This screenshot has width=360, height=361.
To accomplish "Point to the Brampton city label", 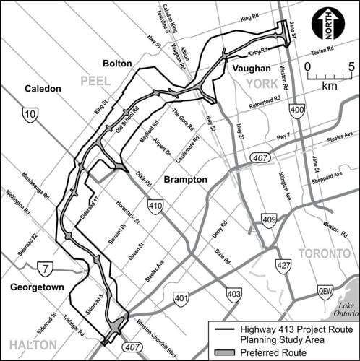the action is click(x=185, y=178).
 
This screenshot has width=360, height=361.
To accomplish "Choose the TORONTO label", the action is click(x=323, y=253).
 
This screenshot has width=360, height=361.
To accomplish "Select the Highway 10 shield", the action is click(x=30, y=114).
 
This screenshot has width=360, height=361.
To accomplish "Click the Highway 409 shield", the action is click(x=269, y=220).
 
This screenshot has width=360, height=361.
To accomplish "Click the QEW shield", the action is click(x=326, y=292).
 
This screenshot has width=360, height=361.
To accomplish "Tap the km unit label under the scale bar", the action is click(x=329, y=85).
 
